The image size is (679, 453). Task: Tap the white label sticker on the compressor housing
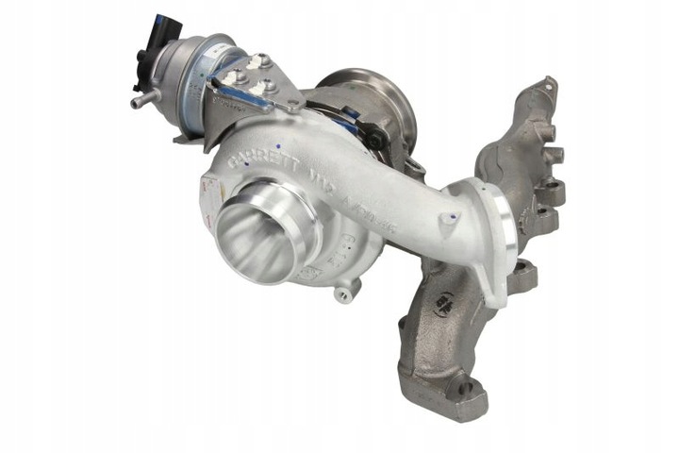(x=210, y=193)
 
